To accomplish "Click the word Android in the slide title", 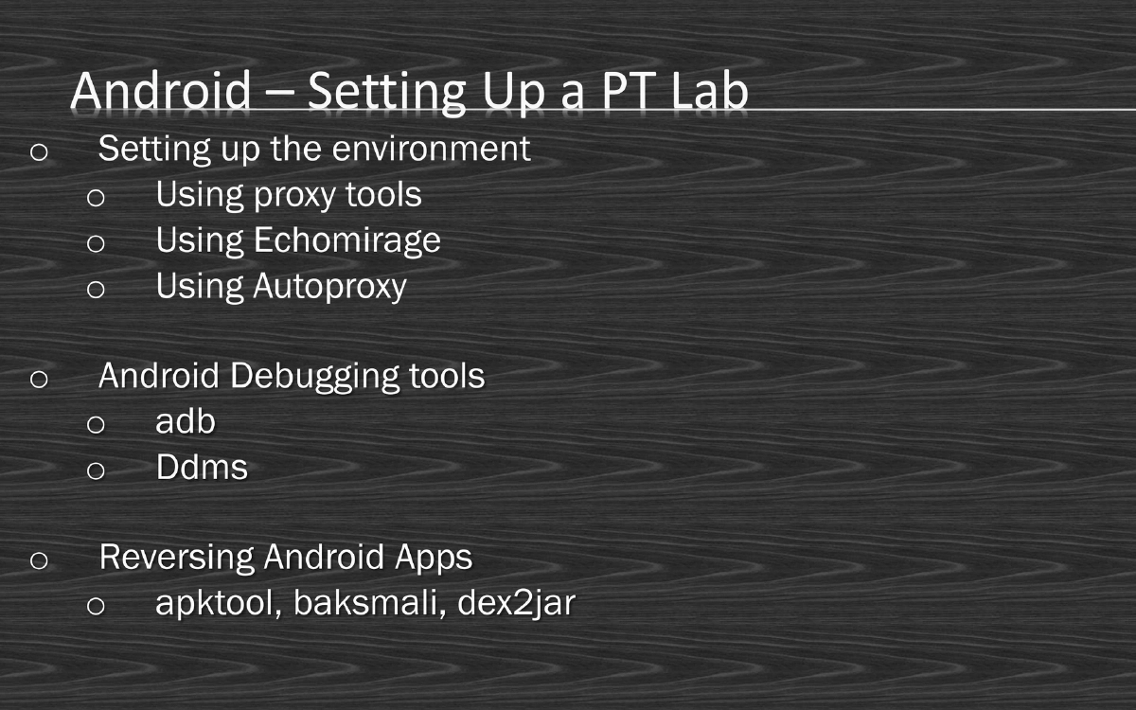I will pos(160,91).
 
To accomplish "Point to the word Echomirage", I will pos(346,240).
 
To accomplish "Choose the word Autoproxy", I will pos(329,286).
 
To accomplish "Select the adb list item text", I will pos(186,422).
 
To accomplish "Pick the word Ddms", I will pos(202,468).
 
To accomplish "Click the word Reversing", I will pos(176,558).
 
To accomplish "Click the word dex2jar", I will pos(516,604).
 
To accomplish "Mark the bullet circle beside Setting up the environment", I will pos(39,151).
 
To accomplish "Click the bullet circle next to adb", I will pos(96,425).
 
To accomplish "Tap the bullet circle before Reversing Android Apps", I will pos(39,560).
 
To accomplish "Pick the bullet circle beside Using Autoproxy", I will pos(96,289).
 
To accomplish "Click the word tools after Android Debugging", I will pos(447,377).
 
